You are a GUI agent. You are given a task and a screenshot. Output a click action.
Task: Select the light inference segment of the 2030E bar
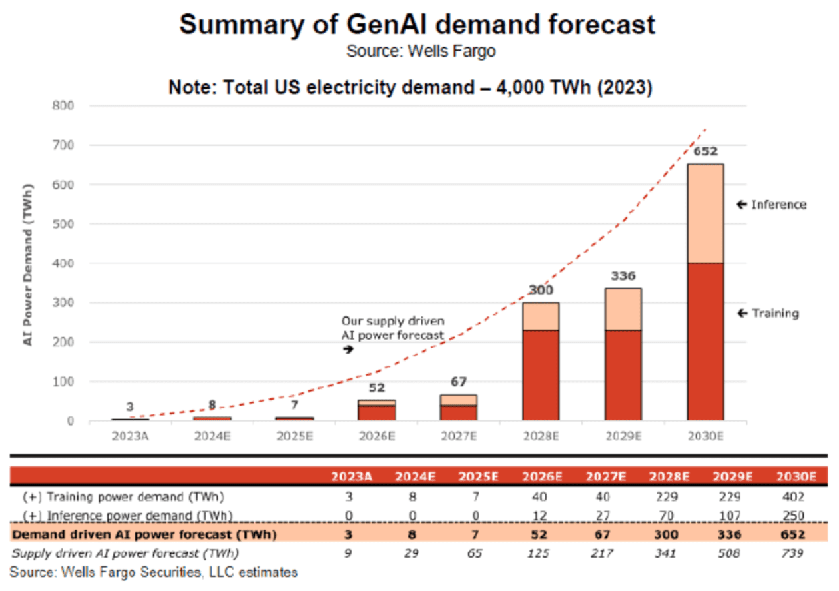click(x=706, y=213)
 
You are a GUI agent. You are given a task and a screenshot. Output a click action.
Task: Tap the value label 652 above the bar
click(x=706, y=151)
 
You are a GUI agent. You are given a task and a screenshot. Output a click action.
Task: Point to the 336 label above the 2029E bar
click(x=623, y=276)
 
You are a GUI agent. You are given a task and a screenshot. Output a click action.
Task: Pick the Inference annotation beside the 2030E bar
click(x=772, y=204)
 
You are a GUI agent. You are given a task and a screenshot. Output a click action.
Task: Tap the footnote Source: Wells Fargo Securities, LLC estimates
click(x=154, y=572)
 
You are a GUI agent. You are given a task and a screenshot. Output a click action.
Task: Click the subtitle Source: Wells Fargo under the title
click(x=421, y=51)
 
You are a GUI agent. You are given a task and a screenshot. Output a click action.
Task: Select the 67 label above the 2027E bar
click(x=458, y=382)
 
